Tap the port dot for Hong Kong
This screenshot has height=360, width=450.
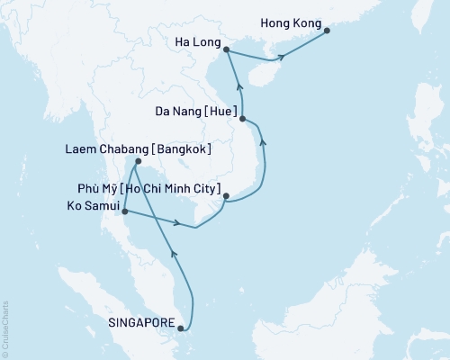[x=327, y=31]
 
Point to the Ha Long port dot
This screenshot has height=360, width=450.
[x=225, y=50]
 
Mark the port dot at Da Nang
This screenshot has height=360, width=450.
[x=244, y=118]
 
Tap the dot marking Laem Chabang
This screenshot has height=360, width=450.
[x=135, y=162]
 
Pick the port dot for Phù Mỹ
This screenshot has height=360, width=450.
[x=227, y=195]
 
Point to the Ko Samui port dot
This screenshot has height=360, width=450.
[x=124, y=212]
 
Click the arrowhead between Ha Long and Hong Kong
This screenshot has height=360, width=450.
[x=283, y=57]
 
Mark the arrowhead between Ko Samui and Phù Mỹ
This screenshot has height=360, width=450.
[x=178, y=223]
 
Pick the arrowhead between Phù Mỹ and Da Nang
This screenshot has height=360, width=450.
[x=262, y=141]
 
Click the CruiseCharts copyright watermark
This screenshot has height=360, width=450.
[x=5, y=328]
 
